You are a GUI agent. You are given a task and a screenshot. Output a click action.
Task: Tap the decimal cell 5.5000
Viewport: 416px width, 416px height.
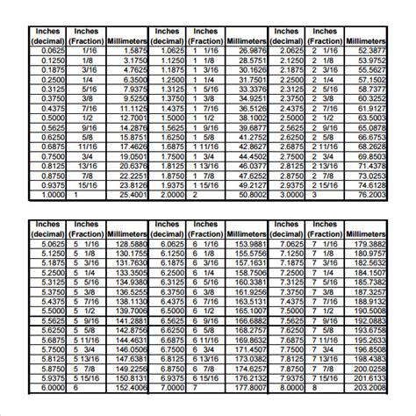[45, 310]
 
